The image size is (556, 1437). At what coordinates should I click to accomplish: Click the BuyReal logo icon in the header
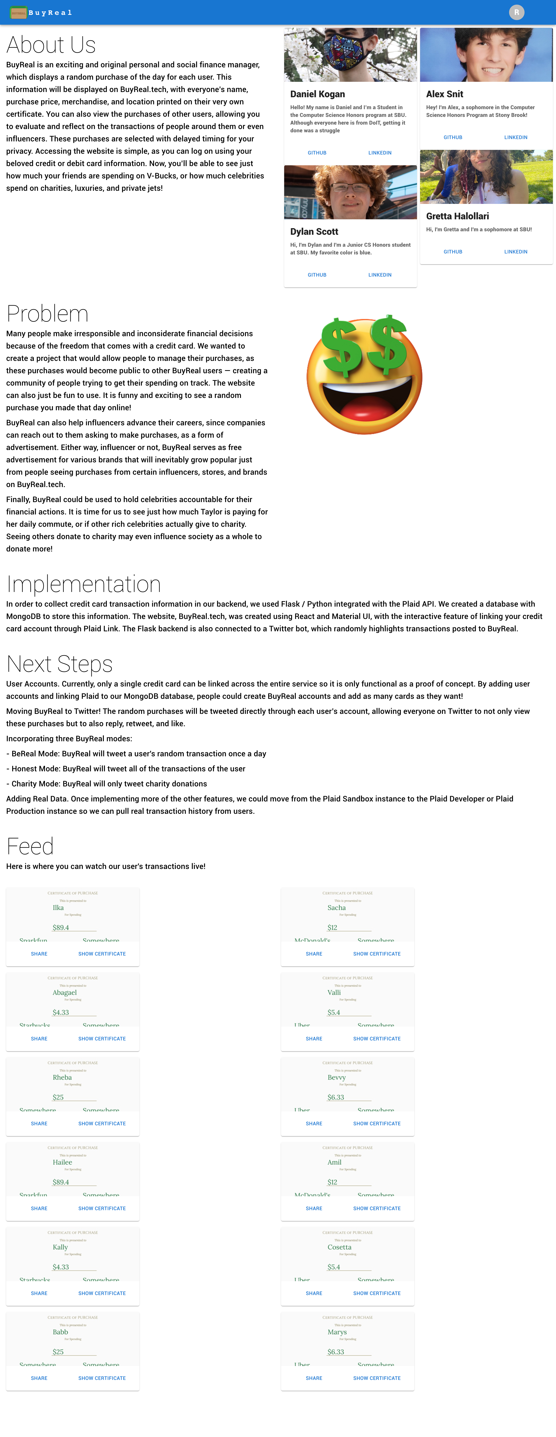coord(18,12)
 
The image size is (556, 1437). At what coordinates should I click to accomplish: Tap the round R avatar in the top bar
coord(516,12)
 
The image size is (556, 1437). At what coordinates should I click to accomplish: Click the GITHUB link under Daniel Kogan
coord(317,153)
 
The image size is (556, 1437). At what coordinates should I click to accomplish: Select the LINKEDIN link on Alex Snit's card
coord(515,137)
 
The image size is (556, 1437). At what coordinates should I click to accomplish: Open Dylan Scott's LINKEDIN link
coord(380,275)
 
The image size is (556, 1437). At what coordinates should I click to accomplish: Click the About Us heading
coord(51,45)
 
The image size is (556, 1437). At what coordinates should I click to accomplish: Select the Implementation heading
coord(84,584)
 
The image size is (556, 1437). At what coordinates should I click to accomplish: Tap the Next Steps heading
coord(60,664)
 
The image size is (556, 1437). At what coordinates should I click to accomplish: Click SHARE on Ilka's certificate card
coord(39,954)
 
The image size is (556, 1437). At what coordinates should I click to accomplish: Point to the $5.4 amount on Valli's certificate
coord(334,1012)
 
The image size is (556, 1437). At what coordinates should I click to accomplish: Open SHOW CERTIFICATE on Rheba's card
coord(102,1124)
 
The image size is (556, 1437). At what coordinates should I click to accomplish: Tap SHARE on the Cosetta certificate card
coord(314,1293)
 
